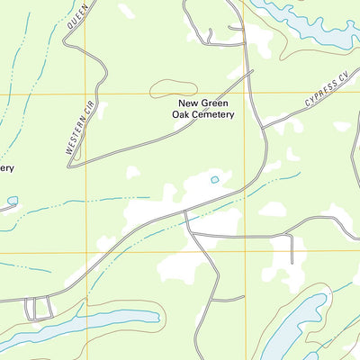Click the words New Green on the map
click(203, 103)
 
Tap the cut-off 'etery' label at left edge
click(6, 167)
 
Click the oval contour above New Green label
click(173, 88)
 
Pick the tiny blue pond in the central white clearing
click(214, 180)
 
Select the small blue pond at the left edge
click(12, 201)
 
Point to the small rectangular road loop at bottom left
click(38, 309)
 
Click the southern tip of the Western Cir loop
click(72, 164)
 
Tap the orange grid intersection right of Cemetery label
click(245, 94)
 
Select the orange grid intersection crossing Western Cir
click(85, 94)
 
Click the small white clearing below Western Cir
click(132, 171)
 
